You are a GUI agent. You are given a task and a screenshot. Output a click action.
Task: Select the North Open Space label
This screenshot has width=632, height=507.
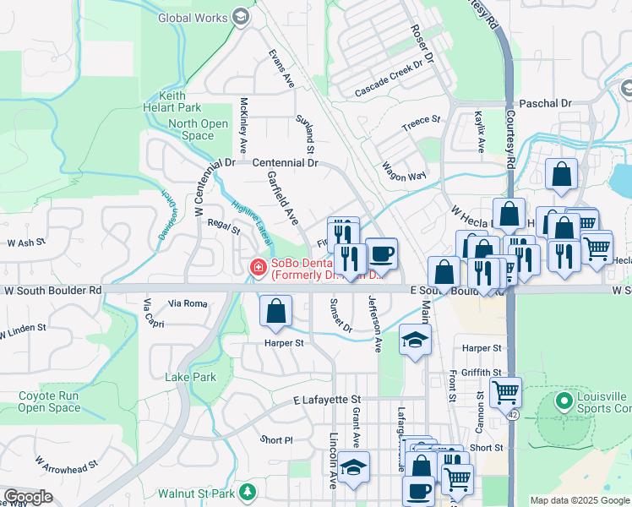tap(198, 129)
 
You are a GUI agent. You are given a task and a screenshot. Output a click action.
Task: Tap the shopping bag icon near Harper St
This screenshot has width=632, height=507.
tap(275, 310)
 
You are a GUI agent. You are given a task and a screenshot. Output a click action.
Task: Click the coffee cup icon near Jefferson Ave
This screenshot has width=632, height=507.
tap(381, 253)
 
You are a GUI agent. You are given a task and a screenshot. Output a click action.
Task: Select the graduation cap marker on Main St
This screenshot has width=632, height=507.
tap(415, 340)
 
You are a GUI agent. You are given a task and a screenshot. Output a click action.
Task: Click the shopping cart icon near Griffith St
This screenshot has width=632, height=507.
tap(505, 391)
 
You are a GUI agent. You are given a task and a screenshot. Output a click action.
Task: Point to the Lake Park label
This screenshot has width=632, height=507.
tap(190, 377)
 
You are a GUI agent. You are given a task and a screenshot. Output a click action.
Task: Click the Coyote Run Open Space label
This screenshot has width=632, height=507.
tap(49, 401)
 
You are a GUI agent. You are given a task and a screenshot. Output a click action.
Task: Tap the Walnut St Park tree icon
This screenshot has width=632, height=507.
tap(247, 491)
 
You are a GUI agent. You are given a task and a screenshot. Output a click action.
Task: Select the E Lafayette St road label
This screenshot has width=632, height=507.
tap(327, 399)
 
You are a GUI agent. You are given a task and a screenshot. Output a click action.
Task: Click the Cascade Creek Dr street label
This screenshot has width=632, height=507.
tap(388, 79)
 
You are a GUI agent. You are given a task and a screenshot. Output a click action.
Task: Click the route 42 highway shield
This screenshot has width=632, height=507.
tap(513, 415)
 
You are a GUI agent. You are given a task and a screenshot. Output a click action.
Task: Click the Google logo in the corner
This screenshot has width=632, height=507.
tap(28, 497)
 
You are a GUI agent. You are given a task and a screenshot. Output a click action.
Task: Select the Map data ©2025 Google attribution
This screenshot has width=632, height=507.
tap(579, 500)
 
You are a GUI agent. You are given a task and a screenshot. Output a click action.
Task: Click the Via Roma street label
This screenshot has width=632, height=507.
tap(188, 303)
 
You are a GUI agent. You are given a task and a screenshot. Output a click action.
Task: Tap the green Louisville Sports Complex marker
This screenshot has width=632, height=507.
tap(564, 399)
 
